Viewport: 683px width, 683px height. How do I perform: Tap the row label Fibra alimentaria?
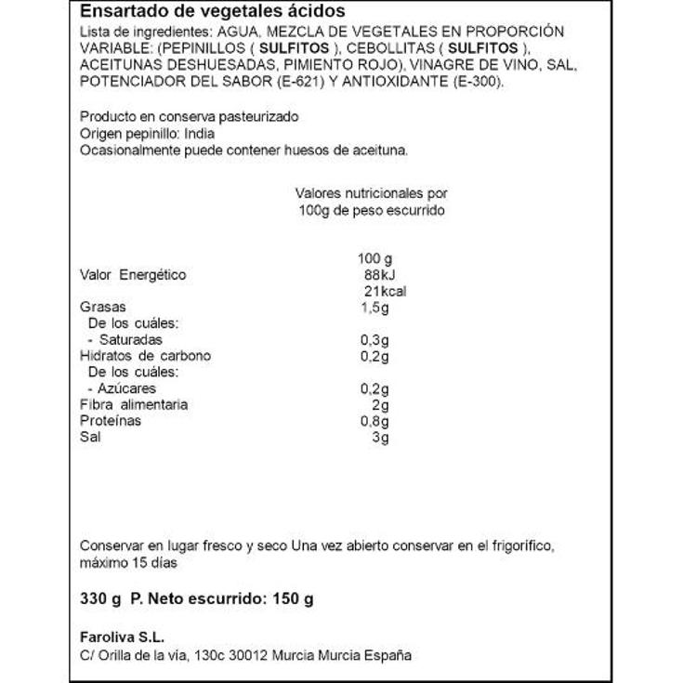(135, 404)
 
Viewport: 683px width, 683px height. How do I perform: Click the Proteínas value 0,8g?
(374, 421)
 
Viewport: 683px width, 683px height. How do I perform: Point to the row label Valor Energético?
(134, 275)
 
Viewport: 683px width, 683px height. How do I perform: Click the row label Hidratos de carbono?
(146, 356)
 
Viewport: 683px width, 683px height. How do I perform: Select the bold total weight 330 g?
(101, 598)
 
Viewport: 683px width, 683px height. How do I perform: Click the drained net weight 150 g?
(293, 598)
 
